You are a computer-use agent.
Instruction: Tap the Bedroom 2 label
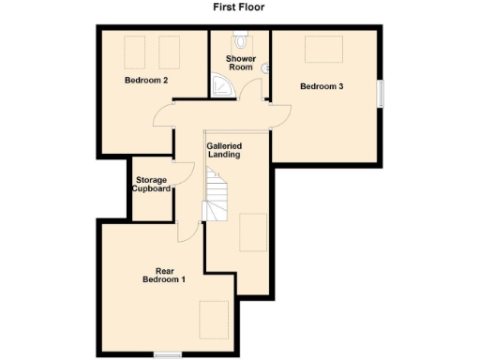click(x=146, y=81)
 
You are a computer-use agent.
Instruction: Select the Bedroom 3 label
click(x=322, y=87)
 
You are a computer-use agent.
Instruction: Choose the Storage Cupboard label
click(x=152, y=184)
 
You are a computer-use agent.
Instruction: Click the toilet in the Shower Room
click(x=242, y=41)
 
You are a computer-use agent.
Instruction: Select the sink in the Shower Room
click(x=266, y=67)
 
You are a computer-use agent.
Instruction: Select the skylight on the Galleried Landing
click(x=251, y=232)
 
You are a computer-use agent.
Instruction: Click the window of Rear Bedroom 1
click(x=168, y=353)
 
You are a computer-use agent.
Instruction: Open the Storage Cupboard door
click(x=186, y=174)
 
